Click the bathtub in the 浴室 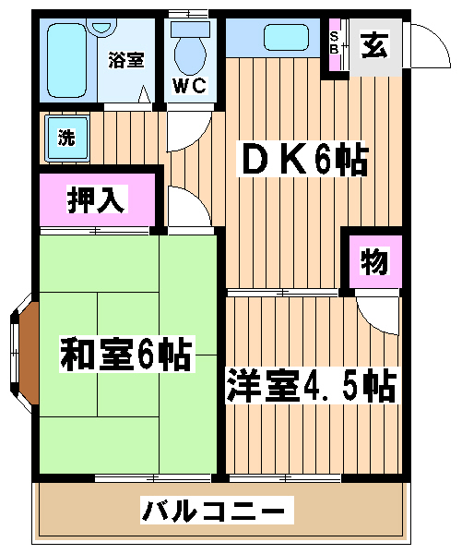(x=66, y=60)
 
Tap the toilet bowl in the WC (x=190, y=55)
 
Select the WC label (x=189, y=85)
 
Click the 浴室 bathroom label (x=126, y=60)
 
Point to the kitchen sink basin (x=286, y=37)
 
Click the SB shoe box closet (x=335, y=44)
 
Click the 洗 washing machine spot (x=66, y=138)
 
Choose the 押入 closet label (x=96, y=200)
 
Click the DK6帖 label (x=302, y=160)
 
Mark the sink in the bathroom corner (x=101, y=28)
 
